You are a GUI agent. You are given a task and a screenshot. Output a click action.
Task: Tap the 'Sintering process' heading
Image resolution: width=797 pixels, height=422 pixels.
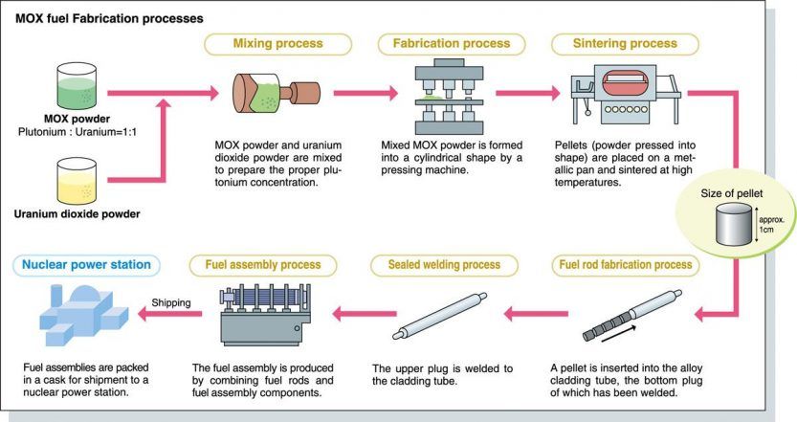611,44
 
